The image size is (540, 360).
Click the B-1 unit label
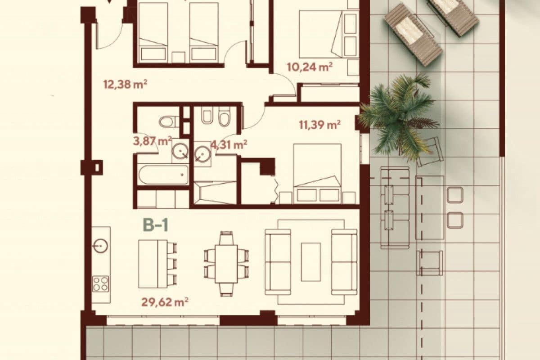click(x=155, y=225)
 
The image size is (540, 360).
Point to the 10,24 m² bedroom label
click(x=309, y=67)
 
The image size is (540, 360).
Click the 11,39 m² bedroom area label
click(x=319, y=125)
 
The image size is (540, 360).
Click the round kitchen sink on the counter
click(x=100, y=245)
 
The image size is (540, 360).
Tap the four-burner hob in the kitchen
click(x=101, y=283)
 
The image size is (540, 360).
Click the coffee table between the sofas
click(x=311, y=262)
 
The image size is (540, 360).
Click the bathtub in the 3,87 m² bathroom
click(x=162, y=175)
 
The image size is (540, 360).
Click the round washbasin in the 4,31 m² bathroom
click(x=202, y=154)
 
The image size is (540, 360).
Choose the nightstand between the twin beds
click(x=179, y=57)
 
